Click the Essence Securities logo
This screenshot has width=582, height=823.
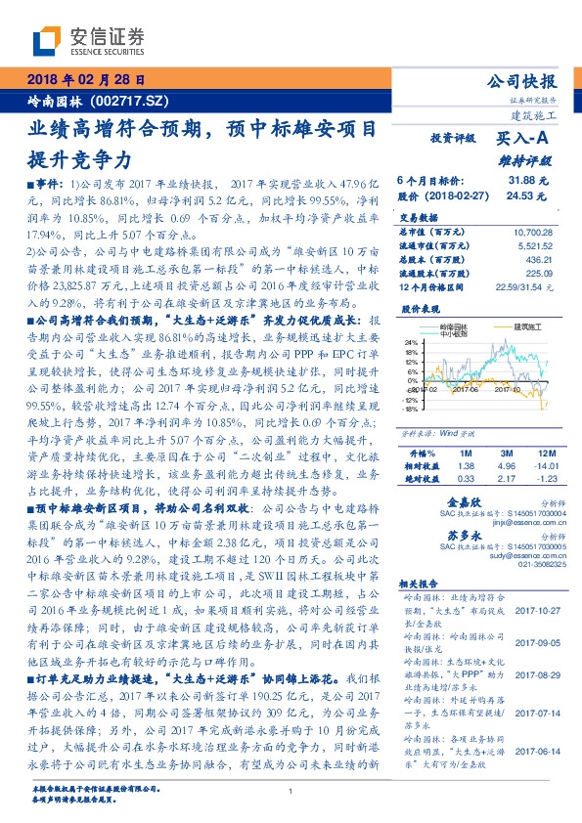point(87,41)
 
